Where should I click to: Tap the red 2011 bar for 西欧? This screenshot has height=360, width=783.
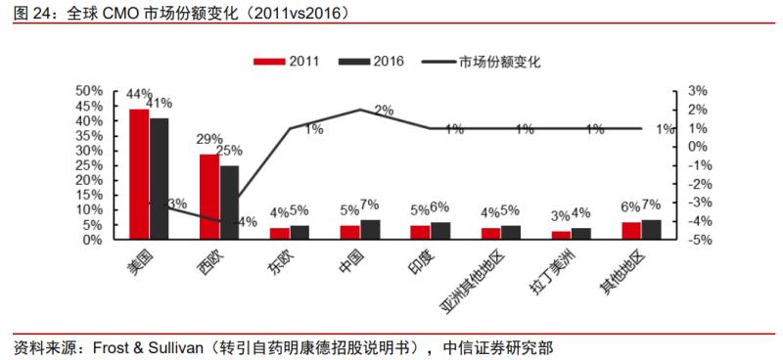click(209, 196)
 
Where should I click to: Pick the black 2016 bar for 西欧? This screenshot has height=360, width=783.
click(229, 202)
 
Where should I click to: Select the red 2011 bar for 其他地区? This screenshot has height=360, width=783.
click(632, 230)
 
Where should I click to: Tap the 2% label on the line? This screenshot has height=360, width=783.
click(384, 111)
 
